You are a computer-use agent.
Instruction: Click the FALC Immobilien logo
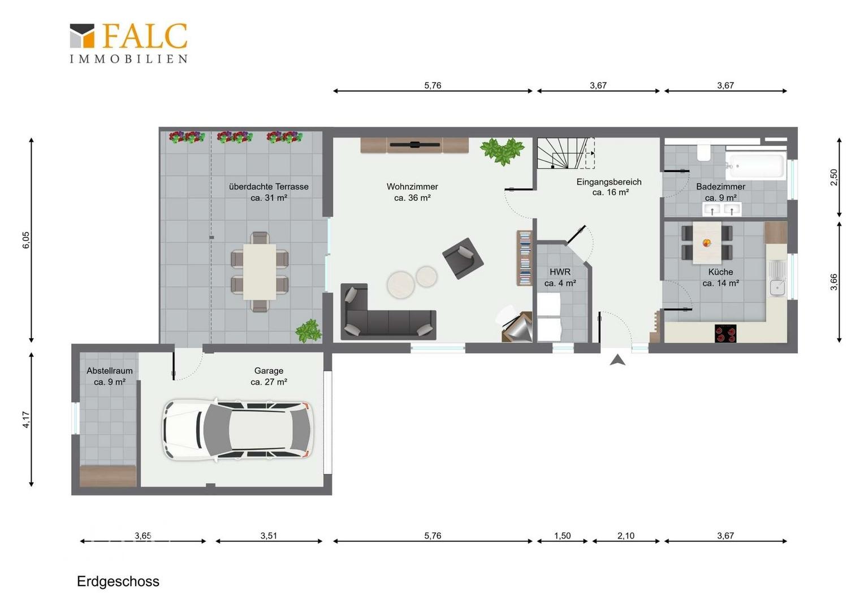click(x=128, y=43)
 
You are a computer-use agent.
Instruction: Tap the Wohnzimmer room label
click(x=412, y=187)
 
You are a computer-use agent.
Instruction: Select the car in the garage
click(x=237, y=429)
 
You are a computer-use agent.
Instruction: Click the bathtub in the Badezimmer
click(x=755, y=166)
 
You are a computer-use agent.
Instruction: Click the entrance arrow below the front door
click(x=617, y=360)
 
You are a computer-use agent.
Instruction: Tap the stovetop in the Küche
click(x=725, y=333)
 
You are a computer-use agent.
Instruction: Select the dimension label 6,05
click(x=25, y=240)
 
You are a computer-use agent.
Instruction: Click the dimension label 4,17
click(x=25, y=420)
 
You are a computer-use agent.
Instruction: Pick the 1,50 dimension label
click(x=563, y=536)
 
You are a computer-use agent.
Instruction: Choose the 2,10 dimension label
click(x=625, y=536)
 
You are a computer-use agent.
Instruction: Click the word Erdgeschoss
click(x=118, y=581)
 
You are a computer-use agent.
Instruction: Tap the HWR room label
click(x=560, y=272)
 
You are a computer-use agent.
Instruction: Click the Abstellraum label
click(x=110, y=371)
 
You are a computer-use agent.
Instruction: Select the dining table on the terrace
click(x=260, y=272)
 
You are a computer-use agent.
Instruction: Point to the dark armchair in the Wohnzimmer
click(x=463, y=258)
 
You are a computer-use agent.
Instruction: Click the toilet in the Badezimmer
click(x=705, y=152)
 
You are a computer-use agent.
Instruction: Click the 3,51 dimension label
click(x=269, y=536)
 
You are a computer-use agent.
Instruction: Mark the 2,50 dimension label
click(x=833, y=177)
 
